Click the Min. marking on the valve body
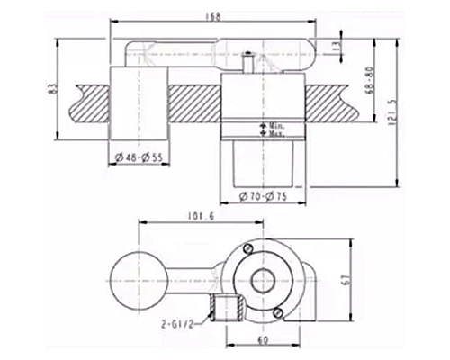click(x=269, y=125)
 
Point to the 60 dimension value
click(x=263, y=341)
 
